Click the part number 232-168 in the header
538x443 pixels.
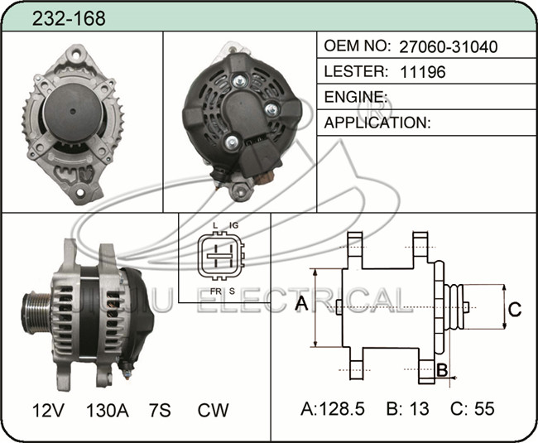tap(69, 18)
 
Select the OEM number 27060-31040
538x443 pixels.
tap(449, 46)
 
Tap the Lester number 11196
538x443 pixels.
tap(423, 72)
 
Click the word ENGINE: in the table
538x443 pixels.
tap(356, 97)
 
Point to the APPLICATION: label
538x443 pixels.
tap(377, 123)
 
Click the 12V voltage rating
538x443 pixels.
tap(48, 410)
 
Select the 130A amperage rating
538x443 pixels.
tap(108, 410)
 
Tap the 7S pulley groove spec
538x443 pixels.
tap(160, 410)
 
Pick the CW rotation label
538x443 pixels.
tap(213, 410)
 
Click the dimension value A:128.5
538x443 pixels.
tap(333, 409)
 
